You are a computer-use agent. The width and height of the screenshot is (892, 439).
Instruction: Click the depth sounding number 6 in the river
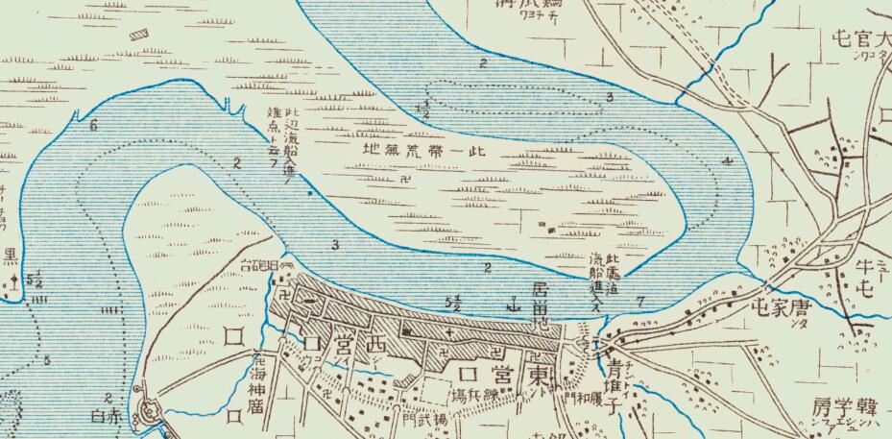click(93, 126)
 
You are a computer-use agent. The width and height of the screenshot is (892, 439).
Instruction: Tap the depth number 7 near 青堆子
click(640, 301)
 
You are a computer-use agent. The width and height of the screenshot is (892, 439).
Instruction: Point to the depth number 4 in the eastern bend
click(729, 160)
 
